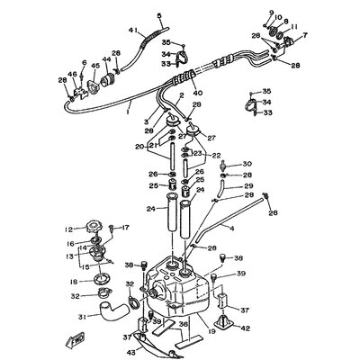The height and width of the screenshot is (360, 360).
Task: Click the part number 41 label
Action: (x=132, y=31)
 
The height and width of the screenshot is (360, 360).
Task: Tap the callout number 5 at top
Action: (x=160, y=16)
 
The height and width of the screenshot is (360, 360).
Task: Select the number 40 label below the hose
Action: (x=197, y=91)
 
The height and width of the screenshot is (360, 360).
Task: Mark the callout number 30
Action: (x=222, y=164)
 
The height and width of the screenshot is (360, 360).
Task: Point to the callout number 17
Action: (x=127, y=228)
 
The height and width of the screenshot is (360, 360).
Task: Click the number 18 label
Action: (x=74, y=282)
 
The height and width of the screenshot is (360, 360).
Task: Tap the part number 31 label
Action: (x=82, y=316)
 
